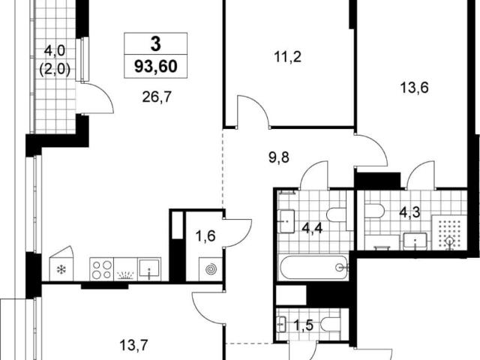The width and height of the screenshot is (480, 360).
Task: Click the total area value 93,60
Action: (156, 66)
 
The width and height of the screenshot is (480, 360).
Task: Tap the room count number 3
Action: (156, 44)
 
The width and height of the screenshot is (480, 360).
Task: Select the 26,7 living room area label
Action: (157, 97)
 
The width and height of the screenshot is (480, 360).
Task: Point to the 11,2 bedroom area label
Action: (288, 57)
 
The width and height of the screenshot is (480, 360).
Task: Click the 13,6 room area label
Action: (415, 88)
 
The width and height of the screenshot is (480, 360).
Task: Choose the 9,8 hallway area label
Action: (278, 158)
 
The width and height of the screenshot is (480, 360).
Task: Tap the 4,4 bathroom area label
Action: (312, 228)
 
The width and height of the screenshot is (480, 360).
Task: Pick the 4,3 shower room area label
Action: (409, 212)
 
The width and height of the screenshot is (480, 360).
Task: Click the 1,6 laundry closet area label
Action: (205, 236)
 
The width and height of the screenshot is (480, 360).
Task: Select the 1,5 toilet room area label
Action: (304, 325)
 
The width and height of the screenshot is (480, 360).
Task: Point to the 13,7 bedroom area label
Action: (133, 346)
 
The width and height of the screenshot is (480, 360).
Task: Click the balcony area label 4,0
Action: (55, 50)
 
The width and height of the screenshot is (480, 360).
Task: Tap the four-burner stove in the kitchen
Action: (102, 269)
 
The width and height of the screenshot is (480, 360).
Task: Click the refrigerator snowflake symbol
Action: (61, 270)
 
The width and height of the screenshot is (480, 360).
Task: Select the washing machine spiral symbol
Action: (211, 269)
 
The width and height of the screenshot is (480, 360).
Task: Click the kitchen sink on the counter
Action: (149, 269)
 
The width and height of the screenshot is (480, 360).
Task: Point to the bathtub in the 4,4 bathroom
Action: (313, 267)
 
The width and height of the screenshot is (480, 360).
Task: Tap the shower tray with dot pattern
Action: (449, 232)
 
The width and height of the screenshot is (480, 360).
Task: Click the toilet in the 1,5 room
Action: (331, 325)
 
